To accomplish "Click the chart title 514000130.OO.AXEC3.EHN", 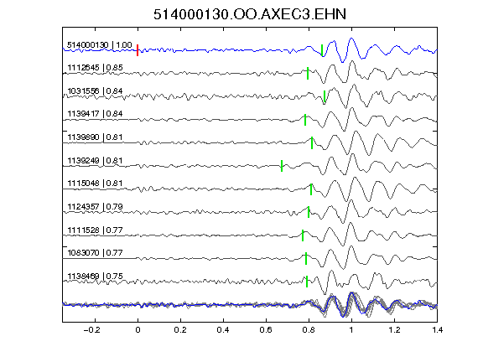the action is (x=250, y=14).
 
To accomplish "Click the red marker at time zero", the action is (x=138, y=50).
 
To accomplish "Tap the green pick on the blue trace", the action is (x=322, y=50).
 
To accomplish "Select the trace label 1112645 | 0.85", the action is (x=96, y=67).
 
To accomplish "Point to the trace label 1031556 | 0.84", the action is (x=96, y=91).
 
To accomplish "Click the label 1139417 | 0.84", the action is (x=96, y=114).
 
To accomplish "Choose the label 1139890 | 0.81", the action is (x=96, y=137).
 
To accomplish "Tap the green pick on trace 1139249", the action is (x=282, y=166).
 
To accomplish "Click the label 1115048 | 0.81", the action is (x=96, y=184).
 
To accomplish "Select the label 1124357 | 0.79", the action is (x=96, y=206).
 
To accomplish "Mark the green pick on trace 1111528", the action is (x=303, y=235).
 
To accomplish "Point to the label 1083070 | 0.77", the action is (x=96, y=253).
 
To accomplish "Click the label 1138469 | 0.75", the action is (x=96, y=277).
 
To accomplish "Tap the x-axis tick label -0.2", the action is (x=92, y=330).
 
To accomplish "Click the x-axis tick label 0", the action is (x=138, y=330).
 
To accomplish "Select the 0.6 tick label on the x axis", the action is (x=266, y=330).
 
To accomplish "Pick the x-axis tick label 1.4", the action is (x=437, y=330).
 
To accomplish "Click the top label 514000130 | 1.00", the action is (x=100, y=45).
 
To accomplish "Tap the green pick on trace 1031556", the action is (x=325, y=96).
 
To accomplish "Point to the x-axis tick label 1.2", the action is (x=394, y=330).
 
